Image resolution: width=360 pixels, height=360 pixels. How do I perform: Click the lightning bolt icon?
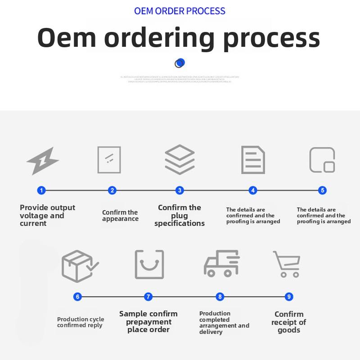point(43,161)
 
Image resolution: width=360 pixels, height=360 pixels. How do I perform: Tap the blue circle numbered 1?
point(41,190)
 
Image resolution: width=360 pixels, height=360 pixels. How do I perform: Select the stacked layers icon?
point(180,160)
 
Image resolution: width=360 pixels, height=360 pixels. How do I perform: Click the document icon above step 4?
point(253,160)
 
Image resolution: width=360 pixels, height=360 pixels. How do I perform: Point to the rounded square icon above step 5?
point(322,160)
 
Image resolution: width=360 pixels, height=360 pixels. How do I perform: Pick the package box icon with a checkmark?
point(80,266)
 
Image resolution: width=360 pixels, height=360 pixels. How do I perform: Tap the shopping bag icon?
point(149,265)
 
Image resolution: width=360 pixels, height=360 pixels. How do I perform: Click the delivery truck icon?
point(221,264)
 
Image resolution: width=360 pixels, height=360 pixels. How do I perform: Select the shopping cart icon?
point(287,264)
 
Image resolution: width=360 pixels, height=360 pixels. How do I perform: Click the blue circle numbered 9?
point(289,297)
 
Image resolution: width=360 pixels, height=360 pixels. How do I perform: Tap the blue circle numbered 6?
point(78,297)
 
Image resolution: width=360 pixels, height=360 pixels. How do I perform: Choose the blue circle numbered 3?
point(180,190)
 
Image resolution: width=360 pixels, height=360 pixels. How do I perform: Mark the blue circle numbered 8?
point(220,297)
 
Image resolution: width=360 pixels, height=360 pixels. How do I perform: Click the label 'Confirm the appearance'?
point(120,216)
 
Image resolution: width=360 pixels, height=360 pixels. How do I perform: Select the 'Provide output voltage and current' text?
point(47,216)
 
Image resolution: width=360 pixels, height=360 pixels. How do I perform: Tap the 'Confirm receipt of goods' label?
point(289,322)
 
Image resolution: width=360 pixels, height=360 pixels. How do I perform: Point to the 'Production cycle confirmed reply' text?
point(80,322)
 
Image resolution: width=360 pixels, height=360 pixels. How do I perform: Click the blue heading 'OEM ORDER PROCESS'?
point(180,11)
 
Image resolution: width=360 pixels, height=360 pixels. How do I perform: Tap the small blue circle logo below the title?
point(180,63)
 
